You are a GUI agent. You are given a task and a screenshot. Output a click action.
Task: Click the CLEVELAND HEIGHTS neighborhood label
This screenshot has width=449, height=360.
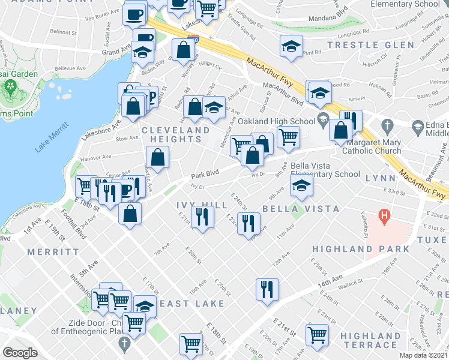click(176, 134)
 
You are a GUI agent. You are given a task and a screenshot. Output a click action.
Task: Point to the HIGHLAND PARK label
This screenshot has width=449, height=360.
click(360, 249)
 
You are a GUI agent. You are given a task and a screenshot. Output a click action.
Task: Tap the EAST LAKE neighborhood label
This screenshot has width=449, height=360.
click(184, 304)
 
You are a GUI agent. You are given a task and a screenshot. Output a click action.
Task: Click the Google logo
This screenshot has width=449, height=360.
click(20, 352)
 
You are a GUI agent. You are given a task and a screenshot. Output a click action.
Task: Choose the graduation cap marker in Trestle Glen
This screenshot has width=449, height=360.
click(291, 47)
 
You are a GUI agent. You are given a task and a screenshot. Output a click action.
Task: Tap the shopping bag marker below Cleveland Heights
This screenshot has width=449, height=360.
click(157, 159)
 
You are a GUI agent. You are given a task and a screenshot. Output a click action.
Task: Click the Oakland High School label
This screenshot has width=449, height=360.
click(276, 122)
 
